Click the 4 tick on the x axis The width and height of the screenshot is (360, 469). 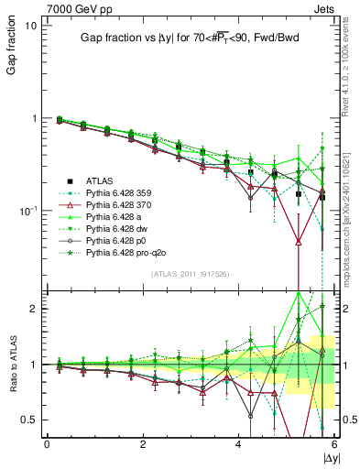click(238, 444)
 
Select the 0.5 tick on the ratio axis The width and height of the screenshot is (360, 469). click(27, 420)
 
